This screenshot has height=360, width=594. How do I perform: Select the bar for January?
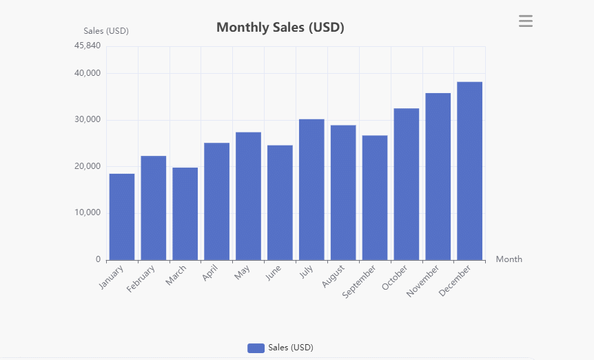coord(122,217)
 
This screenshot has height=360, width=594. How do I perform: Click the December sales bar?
coord(469,170)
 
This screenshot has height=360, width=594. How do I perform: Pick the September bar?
coord(375,197)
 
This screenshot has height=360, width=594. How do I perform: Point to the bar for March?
coord(185,213)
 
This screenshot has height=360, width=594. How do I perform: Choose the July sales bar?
coord(311,189)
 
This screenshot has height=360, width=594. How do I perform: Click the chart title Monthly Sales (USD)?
coord(280,28)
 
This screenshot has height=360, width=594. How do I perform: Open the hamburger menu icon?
coord(526,21)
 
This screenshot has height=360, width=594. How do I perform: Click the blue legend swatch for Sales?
coord(256,348)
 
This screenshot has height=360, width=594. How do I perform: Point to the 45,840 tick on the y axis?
coord(88,46)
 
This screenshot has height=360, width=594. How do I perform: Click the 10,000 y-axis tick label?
coord(87,213)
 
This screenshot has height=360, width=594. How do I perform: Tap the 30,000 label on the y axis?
coord(87,120)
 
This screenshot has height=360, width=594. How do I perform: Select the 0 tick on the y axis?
coord(98,260)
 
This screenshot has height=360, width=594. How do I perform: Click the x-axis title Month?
coord(509,259)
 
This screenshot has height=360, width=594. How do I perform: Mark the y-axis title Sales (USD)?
coord(106,30)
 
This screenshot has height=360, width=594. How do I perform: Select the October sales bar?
coord(407,184)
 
